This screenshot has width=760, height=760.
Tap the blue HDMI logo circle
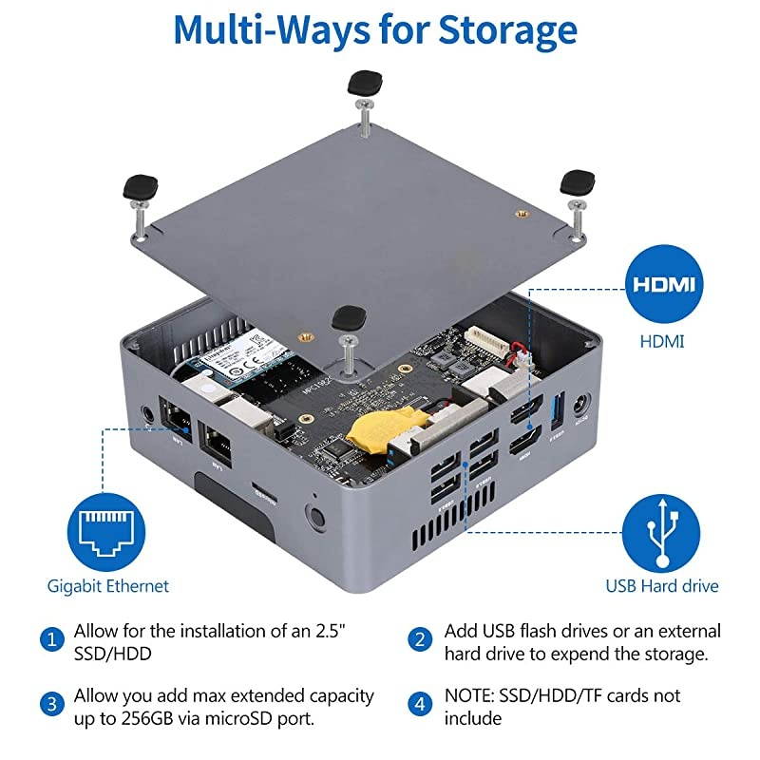[x=663, y=285]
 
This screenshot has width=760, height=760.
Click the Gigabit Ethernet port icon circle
[x=107, y=525]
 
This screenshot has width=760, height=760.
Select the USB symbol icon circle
[x=663, y=528]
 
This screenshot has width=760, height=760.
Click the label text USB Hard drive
[x=662, y=586]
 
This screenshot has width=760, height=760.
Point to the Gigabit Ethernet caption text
[x=107, y=586]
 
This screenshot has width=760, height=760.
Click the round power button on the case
[x=314, y=518]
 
